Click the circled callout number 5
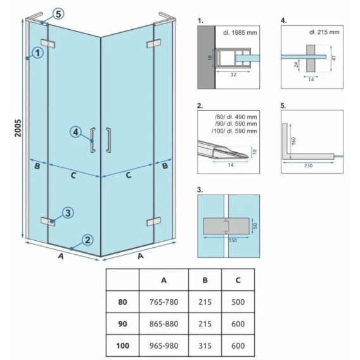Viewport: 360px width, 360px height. tap(58, 14)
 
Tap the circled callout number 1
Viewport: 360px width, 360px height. tap(37, 53)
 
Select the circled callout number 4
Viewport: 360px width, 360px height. tap(76, 132)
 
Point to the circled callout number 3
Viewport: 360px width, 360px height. tap(68, 213)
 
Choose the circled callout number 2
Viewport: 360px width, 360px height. tap(87, 240)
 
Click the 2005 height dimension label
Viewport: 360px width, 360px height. tap(18, 128)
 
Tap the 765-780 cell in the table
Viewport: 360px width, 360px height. tap(164, 302)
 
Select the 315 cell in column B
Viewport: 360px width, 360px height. tap(205, 345)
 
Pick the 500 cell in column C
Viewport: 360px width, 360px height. tap(238, 302)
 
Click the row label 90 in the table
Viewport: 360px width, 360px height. tap(122, 324)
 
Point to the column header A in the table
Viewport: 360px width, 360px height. tap(164, 280)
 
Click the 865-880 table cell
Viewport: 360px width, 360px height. tap(164, 324)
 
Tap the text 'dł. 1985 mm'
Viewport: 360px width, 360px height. tap(240, 32)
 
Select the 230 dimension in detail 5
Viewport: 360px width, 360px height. tap(308, 165)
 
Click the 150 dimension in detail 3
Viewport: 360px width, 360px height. tap(233, 240)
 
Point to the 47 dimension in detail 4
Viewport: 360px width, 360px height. tap(334, 58)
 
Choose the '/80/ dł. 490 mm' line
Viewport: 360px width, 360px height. tap(236, 117)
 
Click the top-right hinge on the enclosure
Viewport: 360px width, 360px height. tap(153, 43)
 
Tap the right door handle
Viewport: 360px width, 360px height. tap(108, 140)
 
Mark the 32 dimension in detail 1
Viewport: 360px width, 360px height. tap(233, 74)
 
